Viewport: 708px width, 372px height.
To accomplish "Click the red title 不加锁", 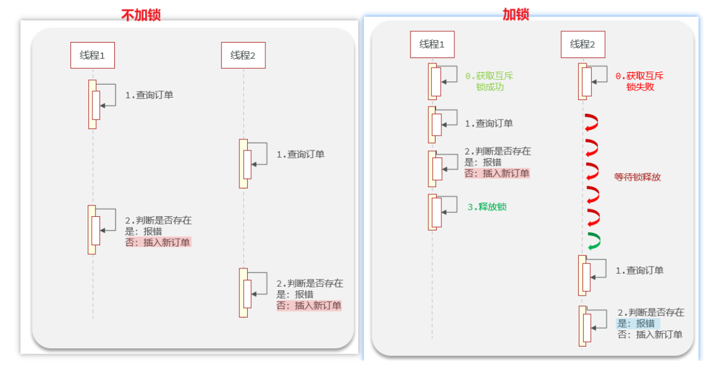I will coord(140,15).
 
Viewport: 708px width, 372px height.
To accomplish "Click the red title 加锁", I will coord(515,14).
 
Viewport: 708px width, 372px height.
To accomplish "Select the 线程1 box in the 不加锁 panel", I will coord(92,56).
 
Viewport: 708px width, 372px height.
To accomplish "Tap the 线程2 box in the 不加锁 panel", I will coord(243,56).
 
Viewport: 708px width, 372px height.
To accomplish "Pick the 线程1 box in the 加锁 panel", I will coord(432,44).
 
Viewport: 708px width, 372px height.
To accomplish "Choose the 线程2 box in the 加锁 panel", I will coord(582,44).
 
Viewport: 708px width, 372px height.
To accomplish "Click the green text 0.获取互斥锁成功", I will coord(488,81).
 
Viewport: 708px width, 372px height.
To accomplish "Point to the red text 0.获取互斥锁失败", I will coord(639,81).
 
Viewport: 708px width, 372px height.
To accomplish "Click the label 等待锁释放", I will coord(637,177).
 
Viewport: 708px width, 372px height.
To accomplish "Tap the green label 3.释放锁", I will coord(487,207).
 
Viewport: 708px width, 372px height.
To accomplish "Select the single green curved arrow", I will coord(593,241).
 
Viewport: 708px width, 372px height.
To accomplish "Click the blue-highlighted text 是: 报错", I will coord(636,323).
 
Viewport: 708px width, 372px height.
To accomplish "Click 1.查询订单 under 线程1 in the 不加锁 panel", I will coord(149,95).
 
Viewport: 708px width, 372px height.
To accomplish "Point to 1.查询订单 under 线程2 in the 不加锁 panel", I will coord(300,155).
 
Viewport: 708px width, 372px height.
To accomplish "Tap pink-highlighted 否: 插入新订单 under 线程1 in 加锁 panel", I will coord(496,174).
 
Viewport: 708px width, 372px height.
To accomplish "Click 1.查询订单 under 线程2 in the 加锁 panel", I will coord(639,270).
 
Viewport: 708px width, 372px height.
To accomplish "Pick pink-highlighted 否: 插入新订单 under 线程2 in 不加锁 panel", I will coord(309,306).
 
